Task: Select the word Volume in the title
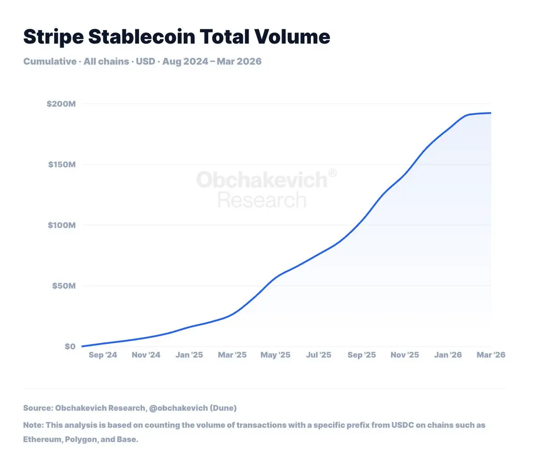click(292, 36)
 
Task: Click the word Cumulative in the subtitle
click(50, 61)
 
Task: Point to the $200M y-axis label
click(61, 104)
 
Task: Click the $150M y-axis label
click(62, 165)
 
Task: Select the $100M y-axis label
click(62, 225)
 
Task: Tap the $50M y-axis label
click(64, 286)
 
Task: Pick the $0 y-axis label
click(70, 346)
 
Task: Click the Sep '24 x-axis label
click(103, 355)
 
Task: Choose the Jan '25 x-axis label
click(189, 355)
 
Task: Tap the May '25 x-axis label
click(275, 355)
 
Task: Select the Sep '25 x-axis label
click(362, 355)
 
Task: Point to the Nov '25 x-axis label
click(405, 355)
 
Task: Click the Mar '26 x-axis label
click(491, 355)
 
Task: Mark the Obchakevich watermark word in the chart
click(262, 180)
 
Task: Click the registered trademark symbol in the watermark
click(332, 173)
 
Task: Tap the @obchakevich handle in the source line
click(178, 408)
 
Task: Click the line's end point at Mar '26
click(491, 113)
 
